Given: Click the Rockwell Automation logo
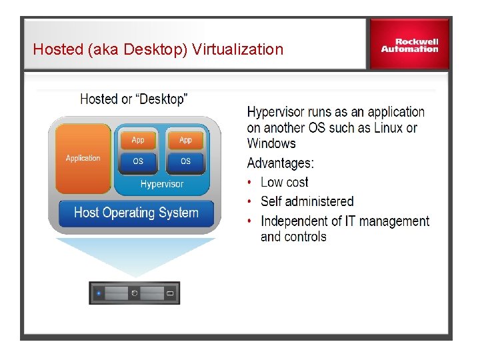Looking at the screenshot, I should (x=409, y=45).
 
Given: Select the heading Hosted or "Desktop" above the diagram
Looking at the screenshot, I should (x=133, y=99).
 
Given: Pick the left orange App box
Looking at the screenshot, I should (x=138, y=140).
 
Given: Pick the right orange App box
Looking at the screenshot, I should (x=185, y=140).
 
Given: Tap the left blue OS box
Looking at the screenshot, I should (x=138, y=161).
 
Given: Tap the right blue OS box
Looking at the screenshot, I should (x=185, y=161).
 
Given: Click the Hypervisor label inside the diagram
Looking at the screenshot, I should (x=161, y=184).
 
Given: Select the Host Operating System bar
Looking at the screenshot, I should (x=136, y=213).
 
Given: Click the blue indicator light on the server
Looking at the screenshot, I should (x=99, y=293).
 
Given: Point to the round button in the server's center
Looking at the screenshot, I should (x=134, y=293).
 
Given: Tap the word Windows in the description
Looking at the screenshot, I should (x=271, y=143).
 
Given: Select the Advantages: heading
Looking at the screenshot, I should (x=280, y=163).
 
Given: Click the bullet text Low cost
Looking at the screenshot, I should (x=284, y=183).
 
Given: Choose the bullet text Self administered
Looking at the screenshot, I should (x=307, y=201).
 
